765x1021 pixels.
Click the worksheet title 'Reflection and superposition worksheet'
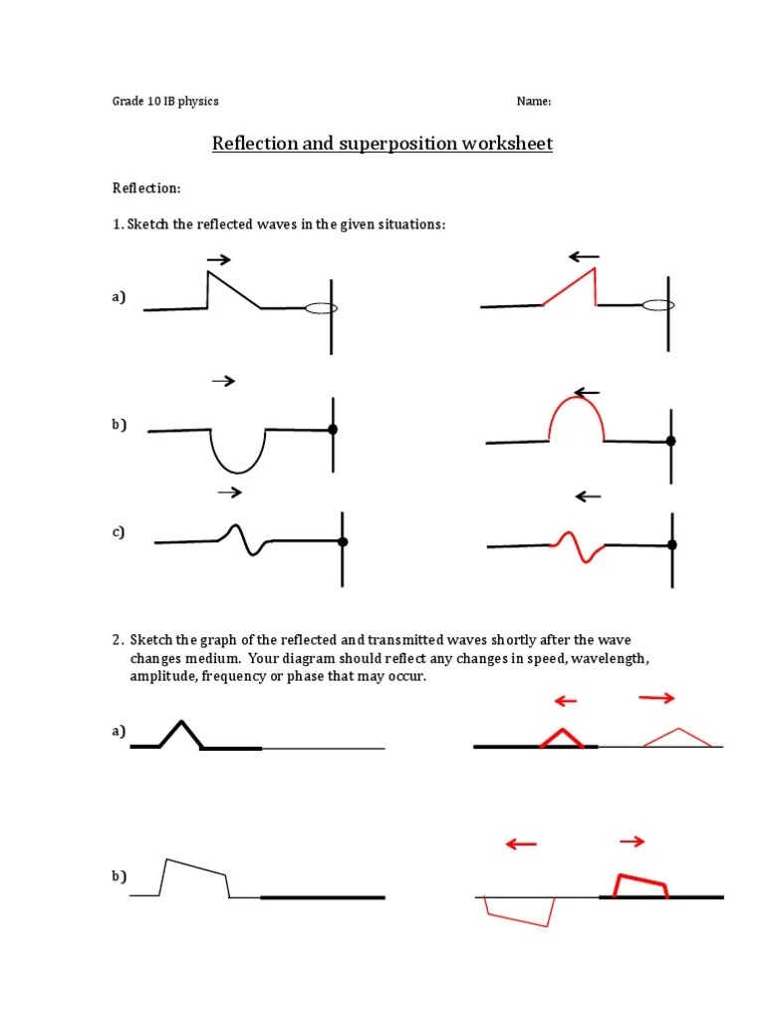(382, 144)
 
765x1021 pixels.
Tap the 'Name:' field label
(533, 102)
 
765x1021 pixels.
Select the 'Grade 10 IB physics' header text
(164, 102)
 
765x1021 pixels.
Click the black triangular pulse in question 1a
(229, 288)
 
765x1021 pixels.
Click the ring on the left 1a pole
(321, 308)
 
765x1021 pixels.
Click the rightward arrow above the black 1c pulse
(230, 493)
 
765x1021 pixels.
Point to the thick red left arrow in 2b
(521, 845)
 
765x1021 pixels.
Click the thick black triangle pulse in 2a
(180, 733)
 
